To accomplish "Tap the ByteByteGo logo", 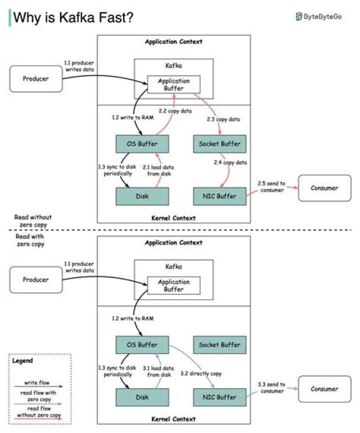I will pyautogui.click(x=318, y=16).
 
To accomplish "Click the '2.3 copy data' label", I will pyautogui.click(x=223, y=120).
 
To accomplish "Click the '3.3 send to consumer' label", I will pyautogui.click(x=271, y=388).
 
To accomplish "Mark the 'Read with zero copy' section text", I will pyautogui.click(x=30, y=240).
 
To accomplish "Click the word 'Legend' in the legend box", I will pyautogui.click(x=22, y=360).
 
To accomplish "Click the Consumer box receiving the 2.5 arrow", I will pyautogui.click(x=324, y=188).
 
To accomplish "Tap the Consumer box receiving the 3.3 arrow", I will pyautogui.click(x=324, y=388).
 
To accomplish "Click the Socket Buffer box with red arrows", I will pyautogui.click(x=219, y=144).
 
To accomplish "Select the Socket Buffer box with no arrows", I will pyautogui.click(x=219, y=345).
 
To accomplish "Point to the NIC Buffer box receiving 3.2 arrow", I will pyautogui.click(x=219, y=397).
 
